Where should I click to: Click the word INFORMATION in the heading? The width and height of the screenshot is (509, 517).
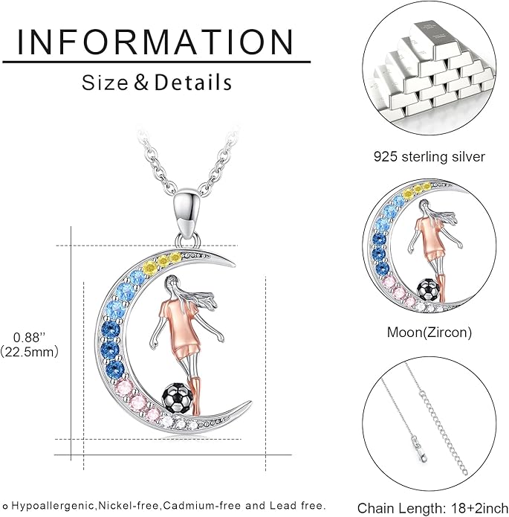tap(155, 42)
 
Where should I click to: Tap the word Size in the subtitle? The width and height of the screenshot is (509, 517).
tap(105, 83)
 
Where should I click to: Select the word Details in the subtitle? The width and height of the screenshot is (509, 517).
tap(193, 83)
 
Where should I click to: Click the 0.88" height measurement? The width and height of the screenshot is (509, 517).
tap(29, 337)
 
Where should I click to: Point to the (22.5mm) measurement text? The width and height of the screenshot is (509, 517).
tap(29, 352)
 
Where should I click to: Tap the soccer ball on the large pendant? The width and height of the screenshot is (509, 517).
tap(178, 397)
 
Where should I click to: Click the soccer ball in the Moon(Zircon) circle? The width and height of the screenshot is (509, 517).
tap(428, 290)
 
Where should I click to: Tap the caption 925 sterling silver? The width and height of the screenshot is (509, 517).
tap(429, 157)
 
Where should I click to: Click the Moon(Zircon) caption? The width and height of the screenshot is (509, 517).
tap(429, 332)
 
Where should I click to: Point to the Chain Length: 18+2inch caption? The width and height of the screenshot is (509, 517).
tap(432, 508)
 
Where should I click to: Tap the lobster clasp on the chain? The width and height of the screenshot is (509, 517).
tap(418, 448)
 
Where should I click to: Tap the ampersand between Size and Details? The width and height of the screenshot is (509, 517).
tap(141, 83)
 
